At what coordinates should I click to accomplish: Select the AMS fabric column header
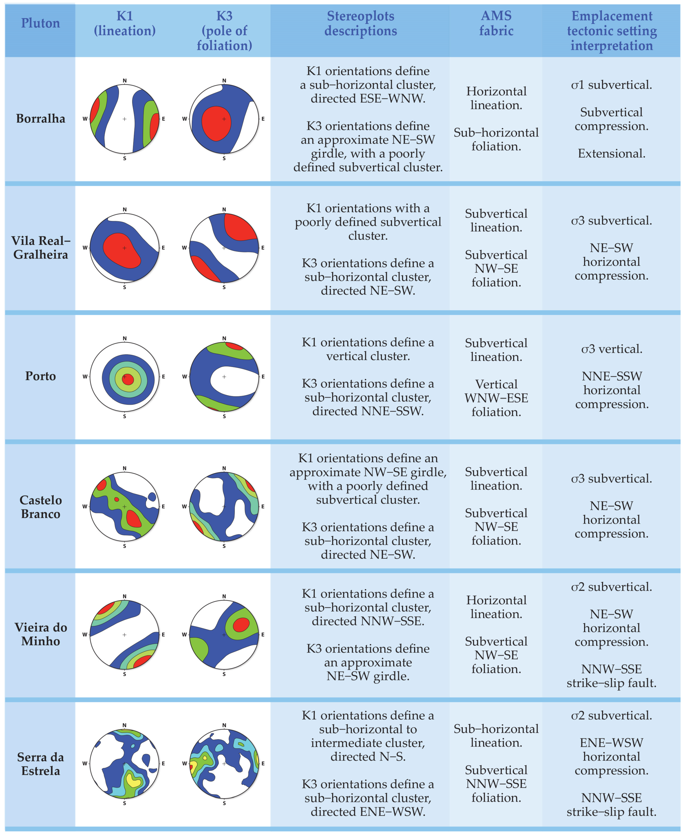coord(496,23)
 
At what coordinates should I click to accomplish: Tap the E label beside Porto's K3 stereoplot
coord(263,377)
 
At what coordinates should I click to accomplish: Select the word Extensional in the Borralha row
coord(611,154)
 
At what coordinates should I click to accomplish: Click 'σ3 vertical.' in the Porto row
coord(611,349)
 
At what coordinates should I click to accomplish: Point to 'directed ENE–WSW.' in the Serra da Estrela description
coord(368,812)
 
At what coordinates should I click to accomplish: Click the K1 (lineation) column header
coord(125,23)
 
